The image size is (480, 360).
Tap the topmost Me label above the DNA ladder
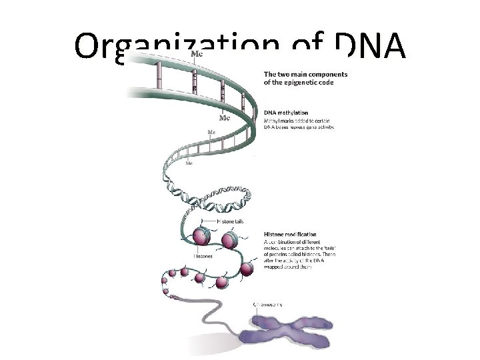tap(197, 53)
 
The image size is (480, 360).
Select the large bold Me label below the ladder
tap(225, 118)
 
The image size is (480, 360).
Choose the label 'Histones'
tap(203, 255)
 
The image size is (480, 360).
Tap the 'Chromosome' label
tap(268, 304)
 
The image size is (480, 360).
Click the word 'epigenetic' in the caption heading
tap(298, 83)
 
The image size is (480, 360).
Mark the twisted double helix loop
tap(213, 193)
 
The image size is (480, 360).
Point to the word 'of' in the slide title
tap(313, 47)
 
